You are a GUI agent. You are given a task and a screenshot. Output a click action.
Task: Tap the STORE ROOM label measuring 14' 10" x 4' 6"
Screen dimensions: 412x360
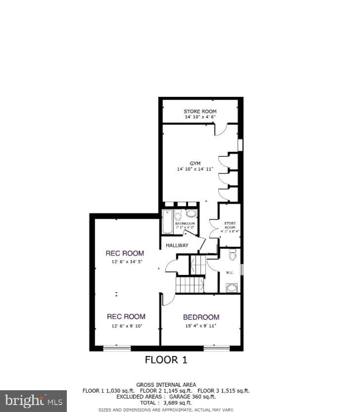200,111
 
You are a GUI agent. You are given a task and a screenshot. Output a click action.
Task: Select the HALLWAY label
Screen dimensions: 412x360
177,245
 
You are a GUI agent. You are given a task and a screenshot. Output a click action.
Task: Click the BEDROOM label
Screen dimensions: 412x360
201,317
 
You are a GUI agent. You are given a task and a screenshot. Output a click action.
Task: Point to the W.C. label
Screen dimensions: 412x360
230,273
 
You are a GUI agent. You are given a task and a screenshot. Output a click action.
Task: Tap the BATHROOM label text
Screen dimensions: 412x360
185,224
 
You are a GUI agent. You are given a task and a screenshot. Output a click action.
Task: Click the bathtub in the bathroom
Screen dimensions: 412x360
167,222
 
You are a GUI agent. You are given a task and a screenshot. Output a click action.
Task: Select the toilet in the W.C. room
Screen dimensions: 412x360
232,256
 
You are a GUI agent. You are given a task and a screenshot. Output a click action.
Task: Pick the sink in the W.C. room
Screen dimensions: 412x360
231,287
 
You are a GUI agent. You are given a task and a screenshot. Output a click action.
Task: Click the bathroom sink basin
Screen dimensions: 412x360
192,214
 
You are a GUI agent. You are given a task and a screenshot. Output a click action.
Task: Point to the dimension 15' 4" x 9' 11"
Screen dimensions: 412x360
201,325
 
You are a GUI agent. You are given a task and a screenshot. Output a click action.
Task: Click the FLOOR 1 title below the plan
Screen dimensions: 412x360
166,360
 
